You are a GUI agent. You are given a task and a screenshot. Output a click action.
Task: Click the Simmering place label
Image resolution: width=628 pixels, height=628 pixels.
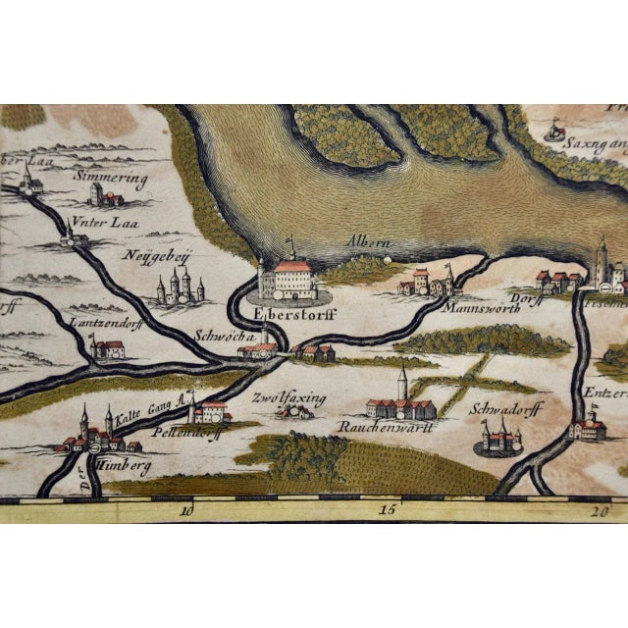tap(111, 181)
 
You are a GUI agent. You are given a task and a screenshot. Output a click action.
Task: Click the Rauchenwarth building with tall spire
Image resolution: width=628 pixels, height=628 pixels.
tap(400, 400)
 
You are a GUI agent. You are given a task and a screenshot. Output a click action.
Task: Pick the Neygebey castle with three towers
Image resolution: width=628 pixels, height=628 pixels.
tap(181, 287)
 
